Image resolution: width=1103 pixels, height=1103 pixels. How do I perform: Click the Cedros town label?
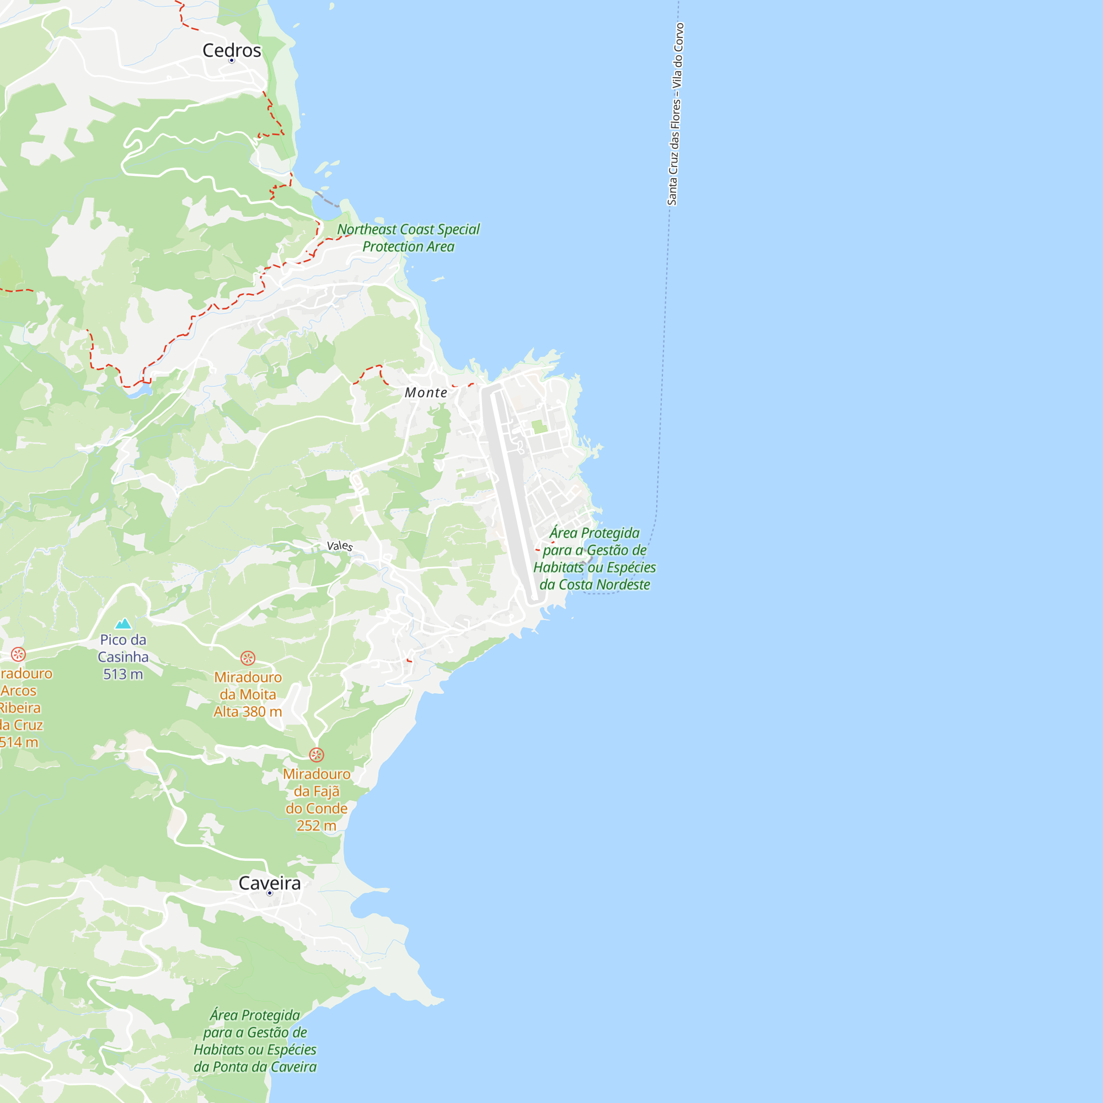(232, 50)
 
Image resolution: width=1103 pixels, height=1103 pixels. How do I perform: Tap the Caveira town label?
(269, 883)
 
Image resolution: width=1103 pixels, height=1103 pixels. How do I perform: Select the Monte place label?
(426, 393)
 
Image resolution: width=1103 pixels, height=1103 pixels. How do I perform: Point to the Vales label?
(340, 546)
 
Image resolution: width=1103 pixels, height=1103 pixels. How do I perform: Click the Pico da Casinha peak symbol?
(124, 623)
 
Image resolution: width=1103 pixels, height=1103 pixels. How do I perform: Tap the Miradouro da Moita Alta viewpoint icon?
(248, 658)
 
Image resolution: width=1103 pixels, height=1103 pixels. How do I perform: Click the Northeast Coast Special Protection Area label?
(408, 238)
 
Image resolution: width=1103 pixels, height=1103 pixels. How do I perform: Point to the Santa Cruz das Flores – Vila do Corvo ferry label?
(676, 114)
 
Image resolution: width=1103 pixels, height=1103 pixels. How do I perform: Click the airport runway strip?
(512, 491)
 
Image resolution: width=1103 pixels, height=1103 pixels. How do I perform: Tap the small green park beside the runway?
(539, 426)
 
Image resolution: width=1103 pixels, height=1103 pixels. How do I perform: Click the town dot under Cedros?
(232, 61)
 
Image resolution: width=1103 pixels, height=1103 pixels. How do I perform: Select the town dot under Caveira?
(270, 893)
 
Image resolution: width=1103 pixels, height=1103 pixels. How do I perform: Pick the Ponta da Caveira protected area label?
(255, 1041)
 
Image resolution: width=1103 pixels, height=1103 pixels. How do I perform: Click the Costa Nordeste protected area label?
(595, 558)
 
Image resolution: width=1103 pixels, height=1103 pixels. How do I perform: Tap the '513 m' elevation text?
(123, 674)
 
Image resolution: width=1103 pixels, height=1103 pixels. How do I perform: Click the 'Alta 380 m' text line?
(248, 712)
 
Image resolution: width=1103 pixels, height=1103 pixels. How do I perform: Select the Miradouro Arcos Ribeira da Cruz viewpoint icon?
(18, 654)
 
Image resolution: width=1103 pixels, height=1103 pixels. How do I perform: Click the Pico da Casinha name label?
(123, 648)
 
